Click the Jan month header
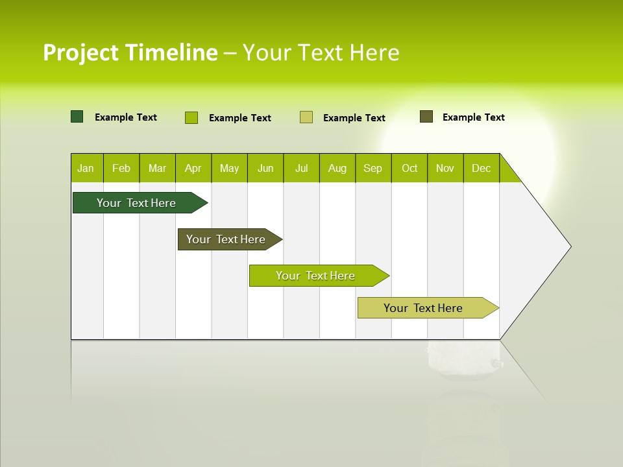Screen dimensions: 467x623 [x=86, y=168]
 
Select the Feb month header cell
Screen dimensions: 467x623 [x=121, y=168]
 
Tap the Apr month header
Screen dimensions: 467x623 [x=193, y=168]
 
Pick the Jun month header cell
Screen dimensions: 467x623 [x=265, y=168]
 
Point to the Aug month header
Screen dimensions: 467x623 [x=337, y=168]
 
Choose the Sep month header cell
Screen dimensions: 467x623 [x=373, y=168]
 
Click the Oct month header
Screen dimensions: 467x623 [x=409, y=168]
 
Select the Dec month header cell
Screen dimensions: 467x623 [x=482, y=168]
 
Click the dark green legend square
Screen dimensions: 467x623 [x=77, y=117]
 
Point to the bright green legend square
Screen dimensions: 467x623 [x=191, y=117]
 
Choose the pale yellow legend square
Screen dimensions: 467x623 [x=306, y=117]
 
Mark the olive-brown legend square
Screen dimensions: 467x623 [x=426, y=117]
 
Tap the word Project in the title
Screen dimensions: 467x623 [x=81, y=53]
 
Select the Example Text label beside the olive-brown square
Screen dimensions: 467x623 [x=473, y=117]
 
